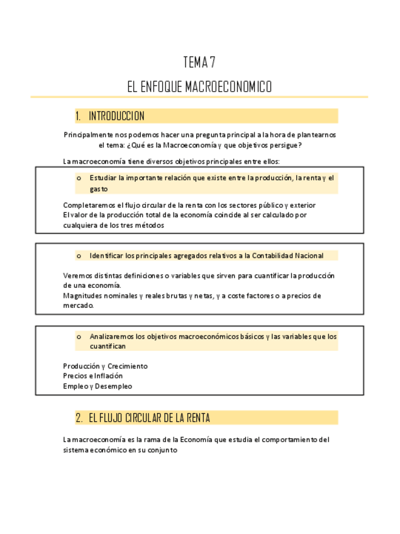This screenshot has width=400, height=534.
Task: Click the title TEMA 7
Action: (199, 63)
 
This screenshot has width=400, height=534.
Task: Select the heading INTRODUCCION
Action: (116, 116)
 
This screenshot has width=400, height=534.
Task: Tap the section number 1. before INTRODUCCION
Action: (79, 116)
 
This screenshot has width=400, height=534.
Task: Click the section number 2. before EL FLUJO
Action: (79, 418)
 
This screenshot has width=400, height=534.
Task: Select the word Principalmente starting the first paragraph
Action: (87, 135)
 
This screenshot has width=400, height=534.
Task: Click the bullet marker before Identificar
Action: (79, 256)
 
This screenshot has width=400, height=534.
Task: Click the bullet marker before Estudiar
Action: (79, 178)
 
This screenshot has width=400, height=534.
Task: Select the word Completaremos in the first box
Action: (88, 205)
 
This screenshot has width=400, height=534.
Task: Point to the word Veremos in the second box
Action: (77, 275)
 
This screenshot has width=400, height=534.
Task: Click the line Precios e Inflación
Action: (93, 376)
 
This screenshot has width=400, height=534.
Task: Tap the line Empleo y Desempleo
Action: (97, 386)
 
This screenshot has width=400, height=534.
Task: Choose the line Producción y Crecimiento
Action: (105, 366)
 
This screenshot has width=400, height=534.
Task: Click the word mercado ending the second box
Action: (78, 305)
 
